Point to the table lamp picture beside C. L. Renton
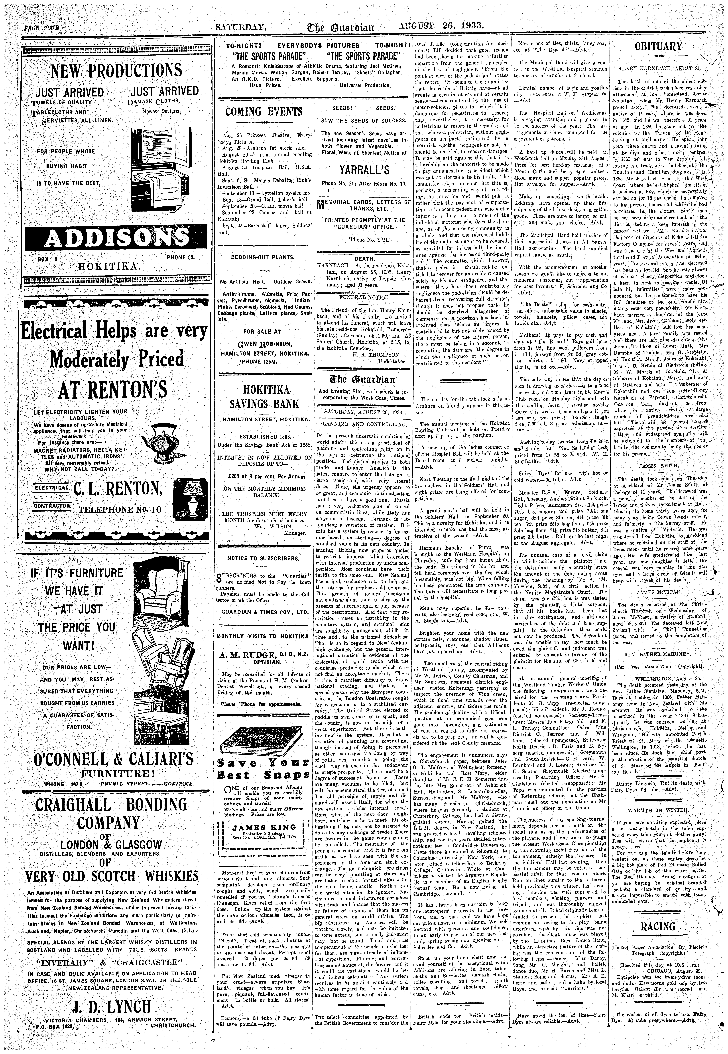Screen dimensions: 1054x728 (192, 498)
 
